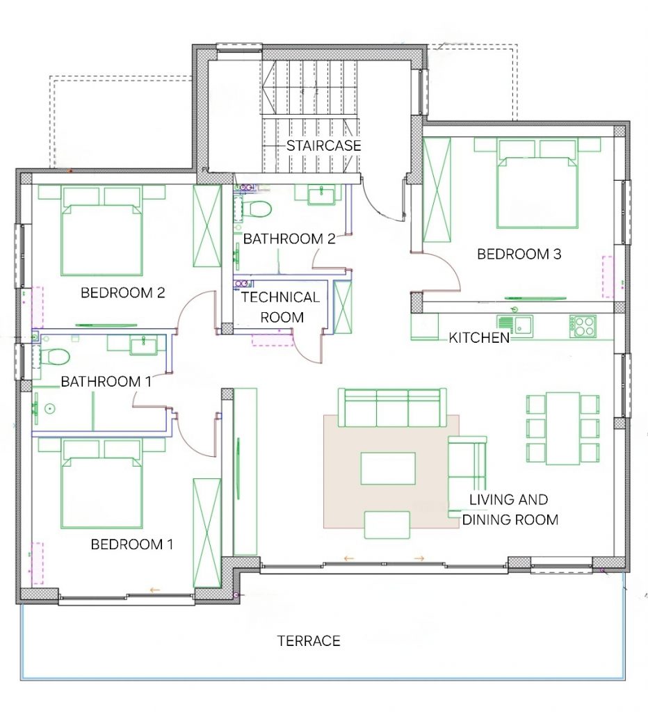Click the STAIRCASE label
tap(323, 145)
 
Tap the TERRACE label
tap(309, 640)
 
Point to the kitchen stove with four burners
tap(583, 325)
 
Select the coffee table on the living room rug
tap(388, 468)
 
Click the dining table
tap(562, 428)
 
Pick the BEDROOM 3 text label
tap(519, 254)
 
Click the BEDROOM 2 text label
tap(122, 293)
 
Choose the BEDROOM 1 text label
tap(132, 544)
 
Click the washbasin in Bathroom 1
tap(143, 345)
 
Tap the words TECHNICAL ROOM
tap(281, 307)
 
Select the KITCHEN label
tap(479, 337)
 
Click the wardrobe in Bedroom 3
tap(437, 191)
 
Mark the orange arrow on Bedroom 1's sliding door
tap(155, 590)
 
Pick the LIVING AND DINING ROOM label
tap(510, 510)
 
